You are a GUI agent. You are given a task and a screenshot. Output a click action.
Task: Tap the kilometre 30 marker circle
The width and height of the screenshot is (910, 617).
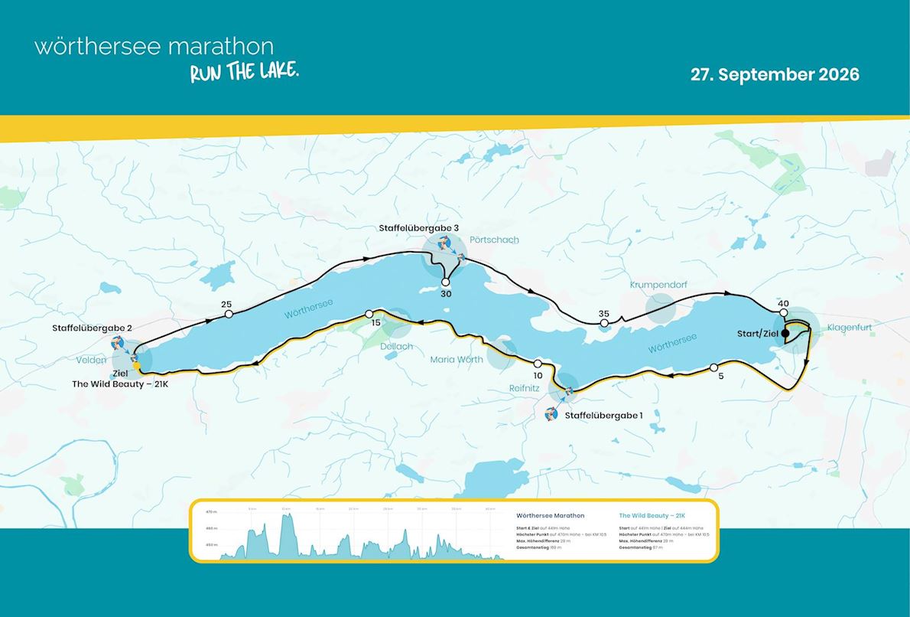coord(446,282)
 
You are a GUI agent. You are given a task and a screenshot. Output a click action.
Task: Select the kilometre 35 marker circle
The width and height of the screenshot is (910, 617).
coord(604,323)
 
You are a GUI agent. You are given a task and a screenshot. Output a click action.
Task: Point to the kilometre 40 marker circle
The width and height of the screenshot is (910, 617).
coord(783,313)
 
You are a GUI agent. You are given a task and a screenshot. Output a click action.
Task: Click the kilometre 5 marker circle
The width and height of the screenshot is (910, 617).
coord(713,367)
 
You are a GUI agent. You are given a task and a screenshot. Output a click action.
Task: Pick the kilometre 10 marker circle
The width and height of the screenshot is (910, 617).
coord(538,364)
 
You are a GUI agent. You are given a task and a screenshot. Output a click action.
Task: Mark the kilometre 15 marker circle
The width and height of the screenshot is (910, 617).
coord(369,314)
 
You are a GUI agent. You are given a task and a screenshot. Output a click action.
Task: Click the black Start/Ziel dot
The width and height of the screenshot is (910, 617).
coord(785,333)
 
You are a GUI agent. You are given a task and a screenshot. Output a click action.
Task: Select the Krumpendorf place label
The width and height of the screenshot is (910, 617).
coord(658,285)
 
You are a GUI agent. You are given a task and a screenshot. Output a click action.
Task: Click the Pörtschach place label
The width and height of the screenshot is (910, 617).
coord(494,240)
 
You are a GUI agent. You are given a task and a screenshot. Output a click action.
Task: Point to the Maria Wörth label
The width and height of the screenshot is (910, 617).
coord(457,359)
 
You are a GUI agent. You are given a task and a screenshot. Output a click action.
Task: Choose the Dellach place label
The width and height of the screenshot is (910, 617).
coord(396,346)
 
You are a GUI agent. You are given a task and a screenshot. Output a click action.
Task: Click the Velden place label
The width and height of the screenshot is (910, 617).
coord(91,360)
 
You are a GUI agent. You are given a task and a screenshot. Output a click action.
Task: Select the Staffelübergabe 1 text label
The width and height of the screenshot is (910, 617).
coord(603,415)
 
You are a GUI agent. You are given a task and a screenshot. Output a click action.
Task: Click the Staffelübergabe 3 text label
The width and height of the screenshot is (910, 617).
coord(419,228)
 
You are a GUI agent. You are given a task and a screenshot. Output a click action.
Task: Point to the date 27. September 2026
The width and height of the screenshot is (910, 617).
coord(775,74)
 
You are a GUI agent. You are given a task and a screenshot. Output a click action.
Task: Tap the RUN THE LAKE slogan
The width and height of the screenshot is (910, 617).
coord(244,73)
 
